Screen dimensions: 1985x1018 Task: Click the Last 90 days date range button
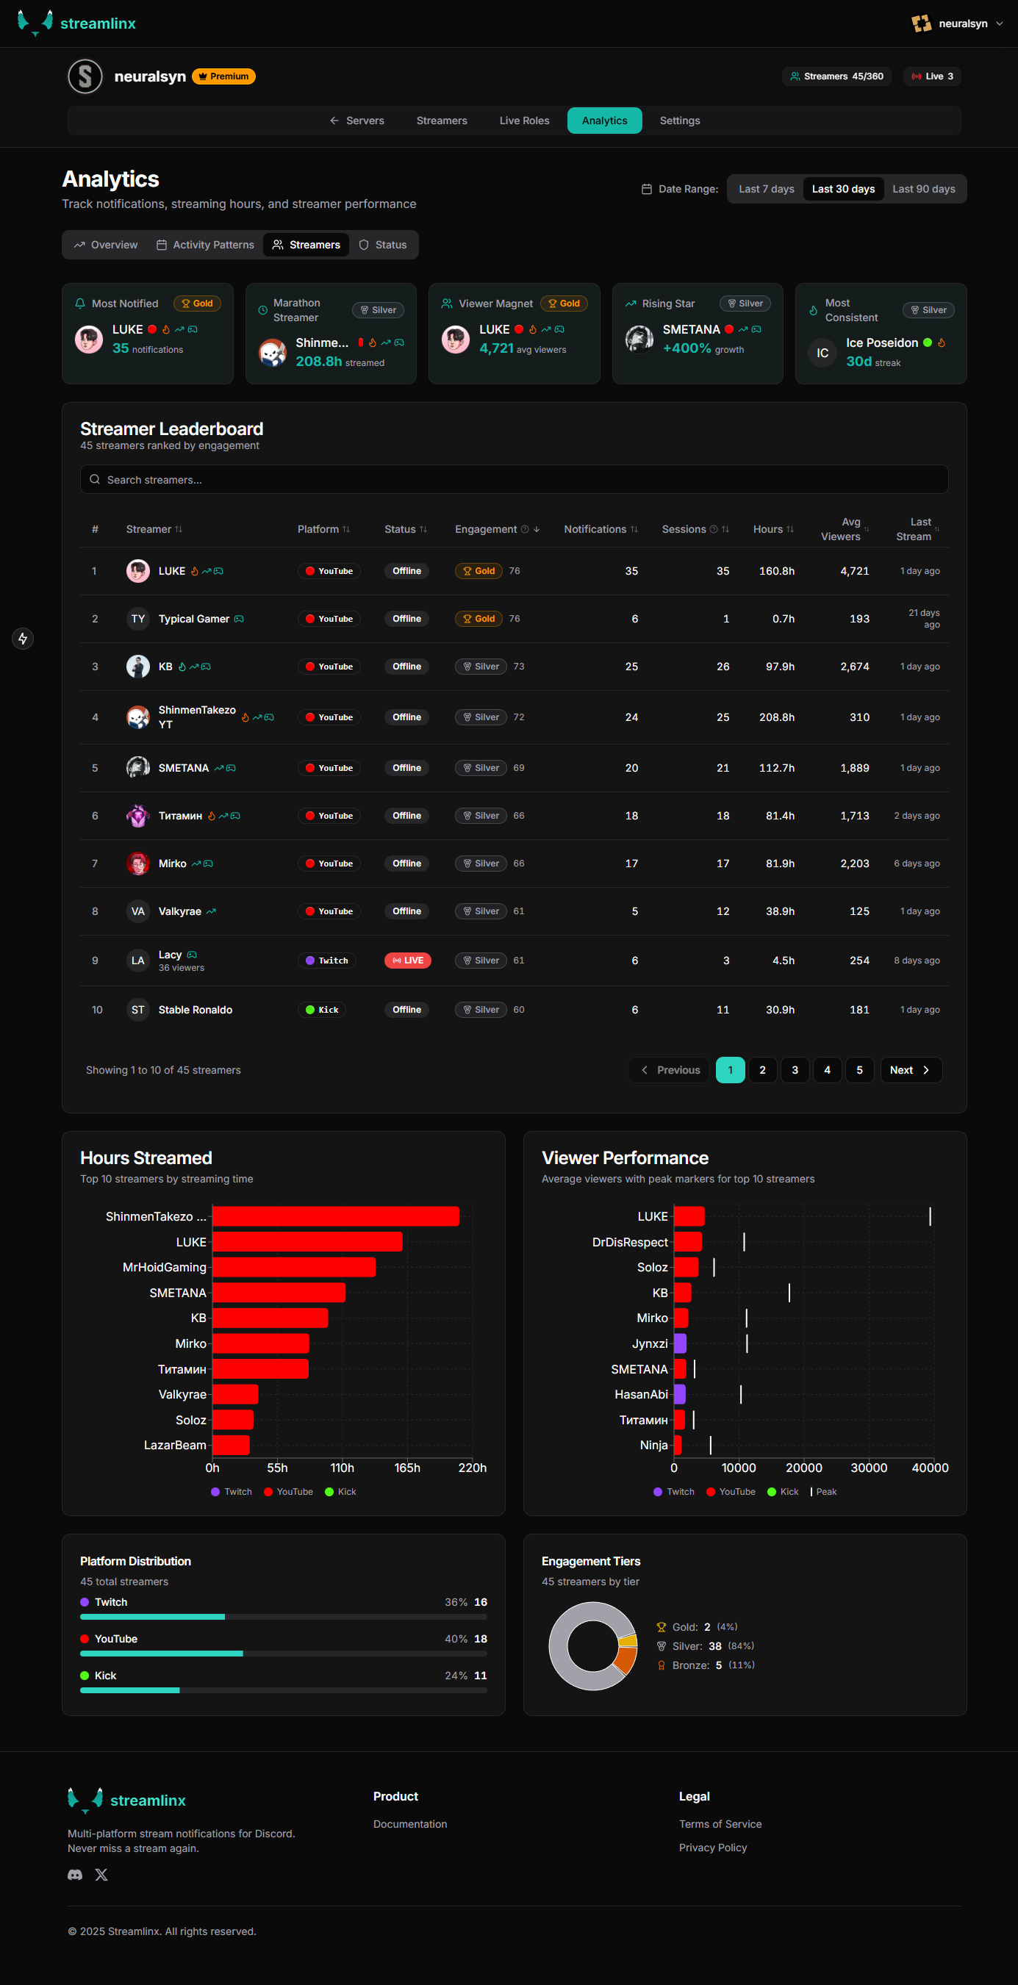click(922, 189)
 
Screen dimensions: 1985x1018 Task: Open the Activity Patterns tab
click(205, 245)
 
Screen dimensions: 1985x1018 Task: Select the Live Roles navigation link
click(524, 121)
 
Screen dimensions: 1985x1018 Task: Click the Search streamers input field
click(513, 479)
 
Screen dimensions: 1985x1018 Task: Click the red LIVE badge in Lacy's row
click(407, 960)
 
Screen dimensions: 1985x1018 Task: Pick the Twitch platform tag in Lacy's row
click(327, 960)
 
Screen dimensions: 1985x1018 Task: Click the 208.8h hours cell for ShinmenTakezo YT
click(776, 717)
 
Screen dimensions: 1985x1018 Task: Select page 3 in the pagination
click(795, 1069)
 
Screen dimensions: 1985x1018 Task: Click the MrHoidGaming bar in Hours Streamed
click(293, 1268)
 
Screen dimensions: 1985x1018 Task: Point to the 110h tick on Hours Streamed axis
click(343, 1468)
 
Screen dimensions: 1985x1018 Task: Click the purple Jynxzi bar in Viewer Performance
click(680, 1344)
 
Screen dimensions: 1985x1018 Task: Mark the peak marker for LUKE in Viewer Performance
click(929, 1216)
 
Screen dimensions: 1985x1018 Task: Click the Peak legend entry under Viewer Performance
click(825, 1492)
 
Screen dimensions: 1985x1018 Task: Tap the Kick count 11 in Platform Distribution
click(480, 1675)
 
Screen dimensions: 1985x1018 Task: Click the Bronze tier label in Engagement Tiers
click(689, 1665)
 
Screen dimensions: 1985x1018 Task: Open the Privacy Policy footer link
click(712, 1848)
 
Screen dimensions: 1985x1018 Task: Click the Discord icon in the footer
click(75, 1875)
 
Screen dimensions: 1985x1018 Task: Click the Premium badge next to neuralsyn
click(223, 76)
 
